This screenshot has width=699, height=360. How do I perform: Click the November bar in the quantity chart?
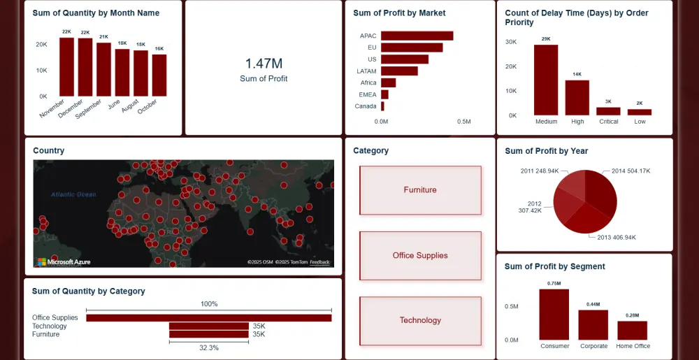(x=66, y=67)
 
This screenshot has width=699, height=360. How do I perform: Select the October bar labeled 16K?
(x=159, y=75)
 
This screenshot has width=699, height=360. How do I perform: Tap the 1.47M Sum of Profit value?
(x=264, y=64)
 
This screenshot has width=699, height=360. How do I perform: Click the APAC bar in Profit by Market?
(x=417, y=36)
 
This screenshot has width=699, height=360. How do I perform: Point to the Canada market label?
(x=366, y=106)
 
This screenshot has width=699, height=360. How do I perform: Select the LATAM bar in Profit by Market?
(x=399, y=71)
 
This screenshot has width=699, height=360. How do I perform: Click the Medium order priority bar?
(x=546, y=80)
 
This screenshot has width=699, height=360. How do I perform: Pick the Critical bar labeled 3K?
(x=608, y=111)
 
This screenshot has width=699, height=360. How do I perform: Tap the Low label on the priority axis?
(x=640, y=122)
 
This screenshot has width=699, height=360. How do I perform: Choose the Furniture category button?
(x=420, y=190)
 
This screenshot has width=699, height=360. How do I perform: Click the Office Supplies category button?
(x=420, y=256)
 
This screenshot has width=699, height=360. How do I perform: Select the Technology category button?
(x=420, y=320)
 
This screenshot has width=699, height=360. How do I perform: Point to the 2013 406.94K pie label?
(x=617, y=238)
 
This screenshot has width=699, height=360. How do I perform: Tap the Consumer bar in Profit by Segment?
(x=554, y=315)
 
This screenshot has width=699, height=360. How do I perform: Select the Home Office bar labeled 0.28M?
(x=632, y=331)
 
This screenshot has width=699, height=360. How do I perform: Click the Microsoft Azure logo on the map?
(x=64, y=262)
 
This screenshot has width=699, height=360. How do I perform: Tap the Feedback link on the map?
(x=320, y=263)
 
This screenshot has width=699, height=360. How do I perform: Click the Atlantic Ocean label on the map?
(x=73, y=194)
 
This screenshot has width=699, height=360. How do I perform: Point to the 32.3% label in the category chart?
(x=209, y=347)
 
